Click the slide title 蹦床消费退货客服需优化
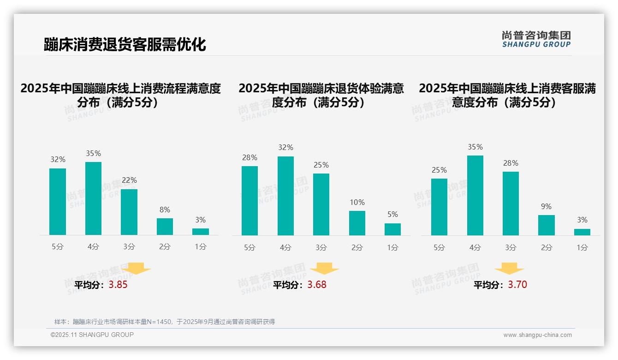[125, 44]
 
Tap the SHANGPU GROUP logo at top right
[536, 39]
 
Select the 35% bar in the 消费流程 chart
[93, 198]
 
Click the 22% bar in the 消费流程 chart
[129, 212]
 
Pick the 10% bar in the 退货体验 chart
[357, 223]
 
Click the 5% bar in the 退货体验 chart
[392, 229]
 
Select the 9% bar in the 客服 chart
[546, 225]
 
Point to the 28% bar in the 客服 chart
[511, 204]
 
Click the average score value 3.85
[118, 285]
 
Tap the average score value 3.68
[317, 285]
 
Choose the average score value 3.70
[517, 285]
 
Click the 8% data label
[165, 210]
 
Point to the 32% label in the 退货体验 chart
[285, 148]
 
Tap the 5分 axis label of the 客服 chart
[439, 247]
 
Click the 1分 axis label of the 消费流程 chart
[201, 246]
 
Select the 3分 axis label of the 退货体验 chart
[321, 247]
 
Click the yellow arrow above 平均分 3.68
[324, 269]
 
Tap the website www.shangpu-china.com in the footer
[537, 335]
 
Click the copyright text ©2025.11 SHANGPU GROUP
[92, 335]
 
